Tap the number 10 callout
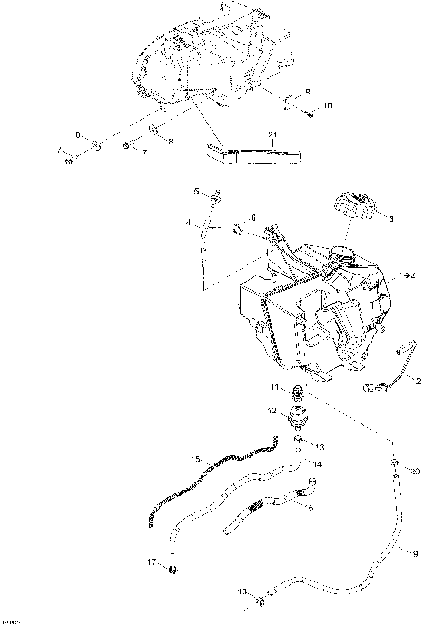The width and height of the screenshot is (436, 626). [x=327, y=106]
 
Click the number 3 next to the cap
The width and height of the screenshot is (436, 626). [x=391, y=219]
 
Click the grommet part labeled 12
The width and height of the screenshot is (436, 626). [x=298, y=419]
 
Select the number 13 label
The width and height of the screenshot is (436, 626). [x=320, y=447]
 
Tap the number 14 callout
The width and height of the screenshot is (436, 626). [x=318, y=464]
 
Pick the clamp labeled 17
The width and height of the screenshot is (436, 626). [x=170, y=569]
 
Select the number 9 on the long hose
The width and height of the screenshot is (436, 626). [x=415, y=552]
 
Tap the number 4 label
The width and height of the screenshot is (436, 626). [x=189, y=223]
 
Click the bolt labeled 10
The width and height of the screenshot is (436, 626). [x=310, y=113]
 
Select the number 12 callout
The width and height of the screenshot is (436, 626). [x=272, y=411]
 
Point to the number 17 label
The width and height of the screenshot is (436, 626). [x=152, y=562]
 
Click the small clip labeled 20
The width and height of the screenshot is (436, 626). [x=396, y=465]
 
